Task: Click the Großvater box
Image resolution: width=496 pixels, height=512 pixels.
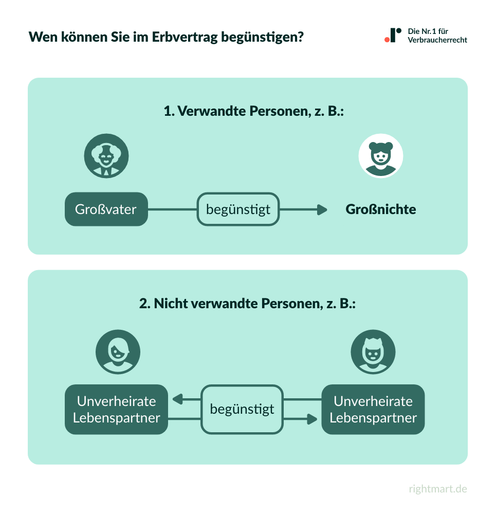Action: pos(106,209)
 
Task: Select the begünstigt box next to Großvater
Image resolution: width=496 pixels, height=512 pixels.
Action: pos(238,209)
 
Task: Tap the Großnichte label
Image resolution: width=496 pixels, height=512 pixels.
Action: pos(380,209)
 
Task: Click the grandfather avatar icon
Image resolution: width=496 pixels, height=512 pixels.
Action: pos(106,156)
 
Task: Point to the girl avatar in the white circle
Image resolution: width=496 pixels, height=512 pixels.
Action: pos(380,156)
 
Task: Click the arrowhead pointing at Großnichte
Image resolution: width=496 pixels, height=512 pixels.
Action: pos(322,209)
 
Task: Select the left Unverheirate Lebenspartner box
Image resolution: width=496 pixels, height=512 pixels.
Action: pos(116,409)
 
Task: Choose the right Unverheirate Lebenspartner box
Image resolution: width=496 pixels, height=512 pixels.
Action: pos(373,409)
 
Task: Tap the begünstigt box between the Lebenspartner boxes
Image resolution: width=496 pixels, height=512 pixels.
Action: pos(242,409)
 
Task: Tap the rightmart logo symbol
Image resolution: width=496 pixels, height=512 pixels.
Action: pos(393,35)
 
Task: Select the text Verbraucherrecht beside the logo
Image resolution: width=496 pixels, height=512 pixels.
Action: pos(437,40)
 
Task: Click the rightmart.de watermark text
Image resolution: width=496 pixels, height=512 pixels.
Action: pos(438,489)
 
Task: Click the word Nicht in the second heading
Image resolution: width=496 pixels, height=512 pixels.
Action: pos(171,303)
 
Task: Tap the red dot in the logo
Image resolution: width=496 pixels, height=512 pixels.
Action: pos(387,39)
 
